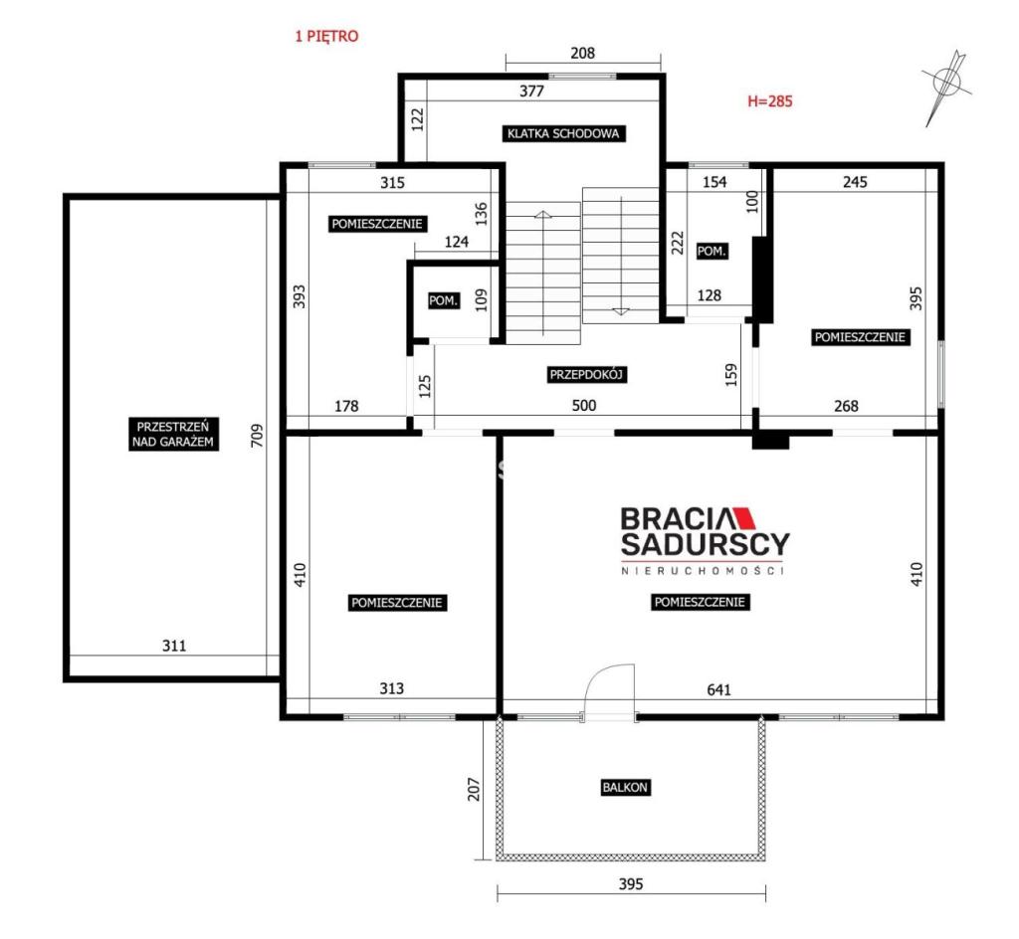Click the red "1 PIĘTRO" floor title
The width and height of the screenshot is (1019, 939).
pos(326,37)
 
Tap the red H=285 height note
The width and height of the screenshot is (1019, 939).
pos(769,100)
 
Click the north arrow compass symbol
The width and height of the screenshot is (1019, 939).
pos(946,86)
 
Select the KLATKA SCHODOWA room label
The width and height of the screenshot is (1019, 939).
pos(563,133)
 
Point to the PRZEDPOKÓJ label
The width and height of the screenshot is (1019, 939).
pos(587,375)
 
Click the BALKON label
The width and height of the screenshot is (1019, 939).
pos(625,787)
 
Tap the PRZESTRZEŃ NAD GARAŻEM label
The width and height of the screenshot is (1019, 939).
pos(173,435)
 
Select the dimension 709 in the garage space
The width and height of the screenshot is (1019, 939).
pos(258,435)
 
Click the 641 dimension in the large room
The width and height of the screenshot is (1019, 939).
pos(718,689)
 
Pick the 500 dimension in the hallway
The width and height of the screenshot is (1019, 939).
pos(583,405)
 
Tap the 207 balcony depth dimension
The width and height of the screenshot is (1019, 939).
pos(475,789)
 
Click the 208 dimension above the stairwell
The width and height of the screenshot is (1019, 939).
pos(582,53)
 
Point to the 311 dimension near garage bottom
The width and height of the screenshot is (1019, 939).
pos(174,646)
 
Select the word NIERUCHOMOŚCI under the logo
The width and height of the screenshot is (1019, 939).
pos(703,571)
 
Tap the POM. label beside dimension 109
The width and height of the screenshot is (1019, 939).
pos(444,301)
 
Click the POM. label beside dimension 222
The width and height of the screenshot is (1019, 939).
pos(712,252)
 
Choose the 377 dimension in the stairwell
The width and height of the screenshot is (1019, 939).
pos(531,91)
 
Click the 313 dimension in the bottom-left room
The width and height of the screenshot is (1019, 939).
pos(392,688)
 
